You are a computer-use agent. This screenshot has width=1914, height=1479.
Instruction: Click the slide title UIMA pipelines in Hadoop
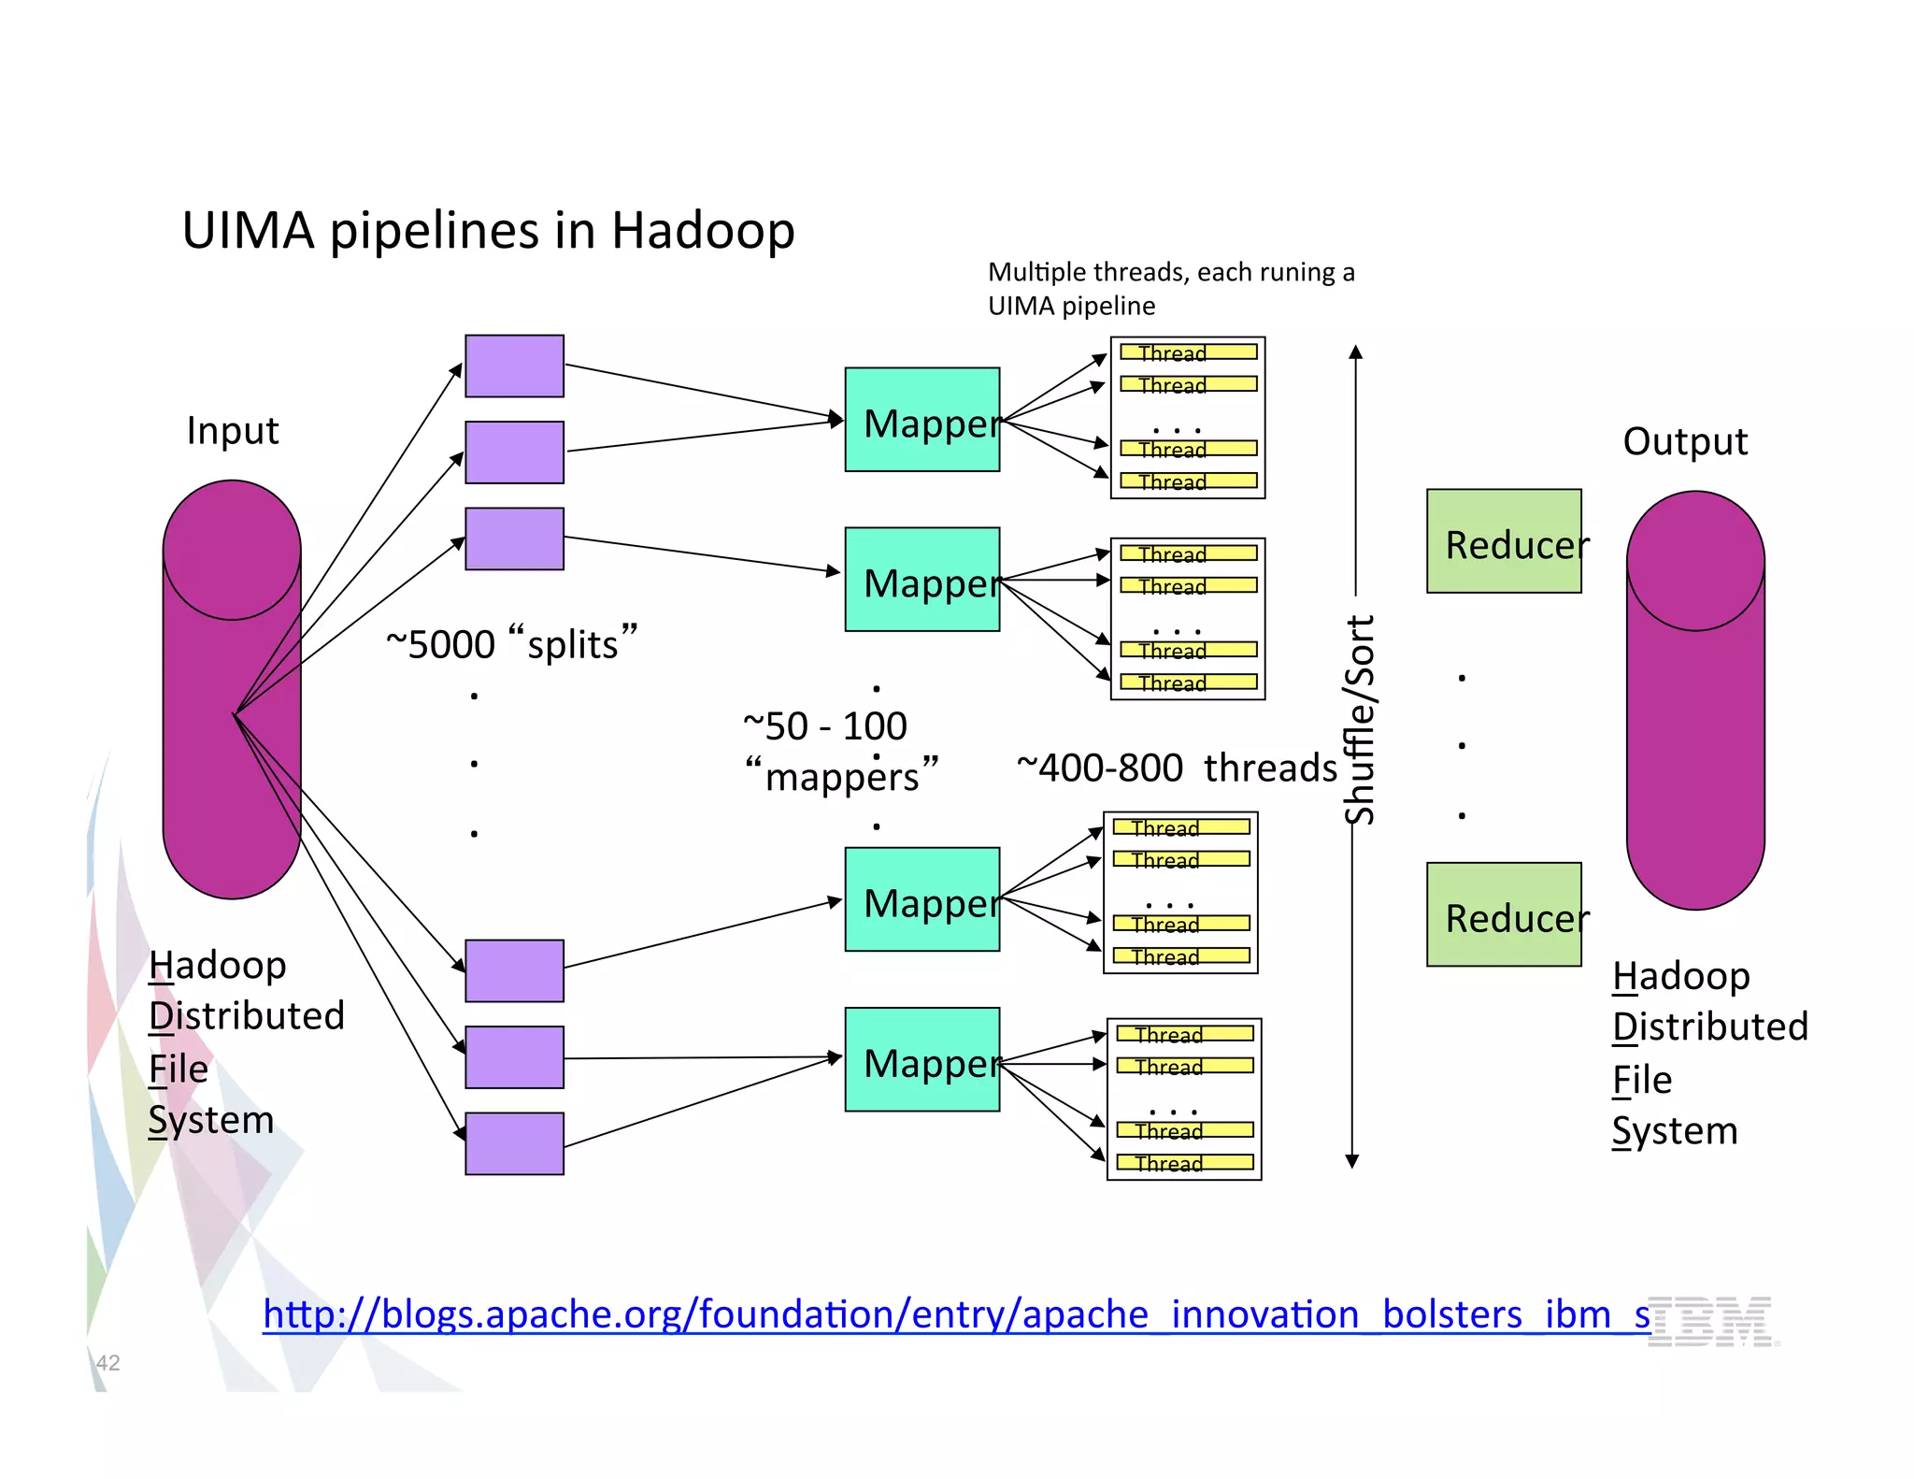coord(488,230)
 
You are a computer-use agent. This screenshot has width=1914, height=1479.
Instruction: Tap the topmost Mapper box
coord(921,420)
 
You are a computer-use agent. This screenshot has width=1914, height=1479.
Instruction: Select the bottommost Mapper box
coord(921,1059)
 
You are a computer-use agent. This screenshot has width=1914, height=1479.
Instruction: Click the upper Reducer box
coord(1503,541)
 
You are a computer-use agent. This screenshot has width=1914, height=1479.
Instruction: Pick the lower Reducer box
coord(1503,914)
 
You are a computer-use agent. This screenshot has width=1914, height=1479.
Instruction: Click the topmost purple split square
coord(514,366)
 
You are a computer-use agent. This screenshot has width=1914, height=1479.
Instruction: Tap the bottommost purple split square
coord(514,1143)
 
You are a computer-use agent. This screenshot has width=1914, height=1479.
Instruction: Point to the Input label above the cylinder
coord(232,431)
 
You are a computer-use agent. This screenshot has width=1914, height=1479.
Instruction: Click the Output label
coord(1684,441)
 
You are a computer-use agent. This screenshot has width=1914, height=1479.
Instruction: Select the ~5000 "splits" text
coord(511,643)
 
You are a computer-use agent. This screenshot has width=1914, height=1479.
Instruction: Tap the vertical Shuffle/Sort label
coord(1359,720)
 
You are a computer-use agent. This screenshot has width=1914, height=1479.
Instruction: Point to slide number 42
coord(108,1362)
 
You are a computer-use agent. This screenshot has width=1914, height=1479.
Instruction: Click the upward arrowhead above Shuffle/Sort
coord(1355,352)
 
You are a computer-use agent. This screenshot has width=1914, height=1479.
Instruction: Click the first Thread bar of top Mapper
coord(1188,352)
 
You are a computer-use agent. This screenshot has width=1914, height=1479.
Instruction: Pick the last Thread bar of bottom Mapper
coord(1184,1162)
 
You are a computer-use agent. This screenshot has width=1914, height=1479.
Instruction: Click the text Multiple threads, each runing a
coord(1170,272)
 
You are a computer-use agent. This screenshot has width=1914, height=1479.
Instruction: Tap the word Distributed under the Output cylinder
coord(1709,1027)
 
